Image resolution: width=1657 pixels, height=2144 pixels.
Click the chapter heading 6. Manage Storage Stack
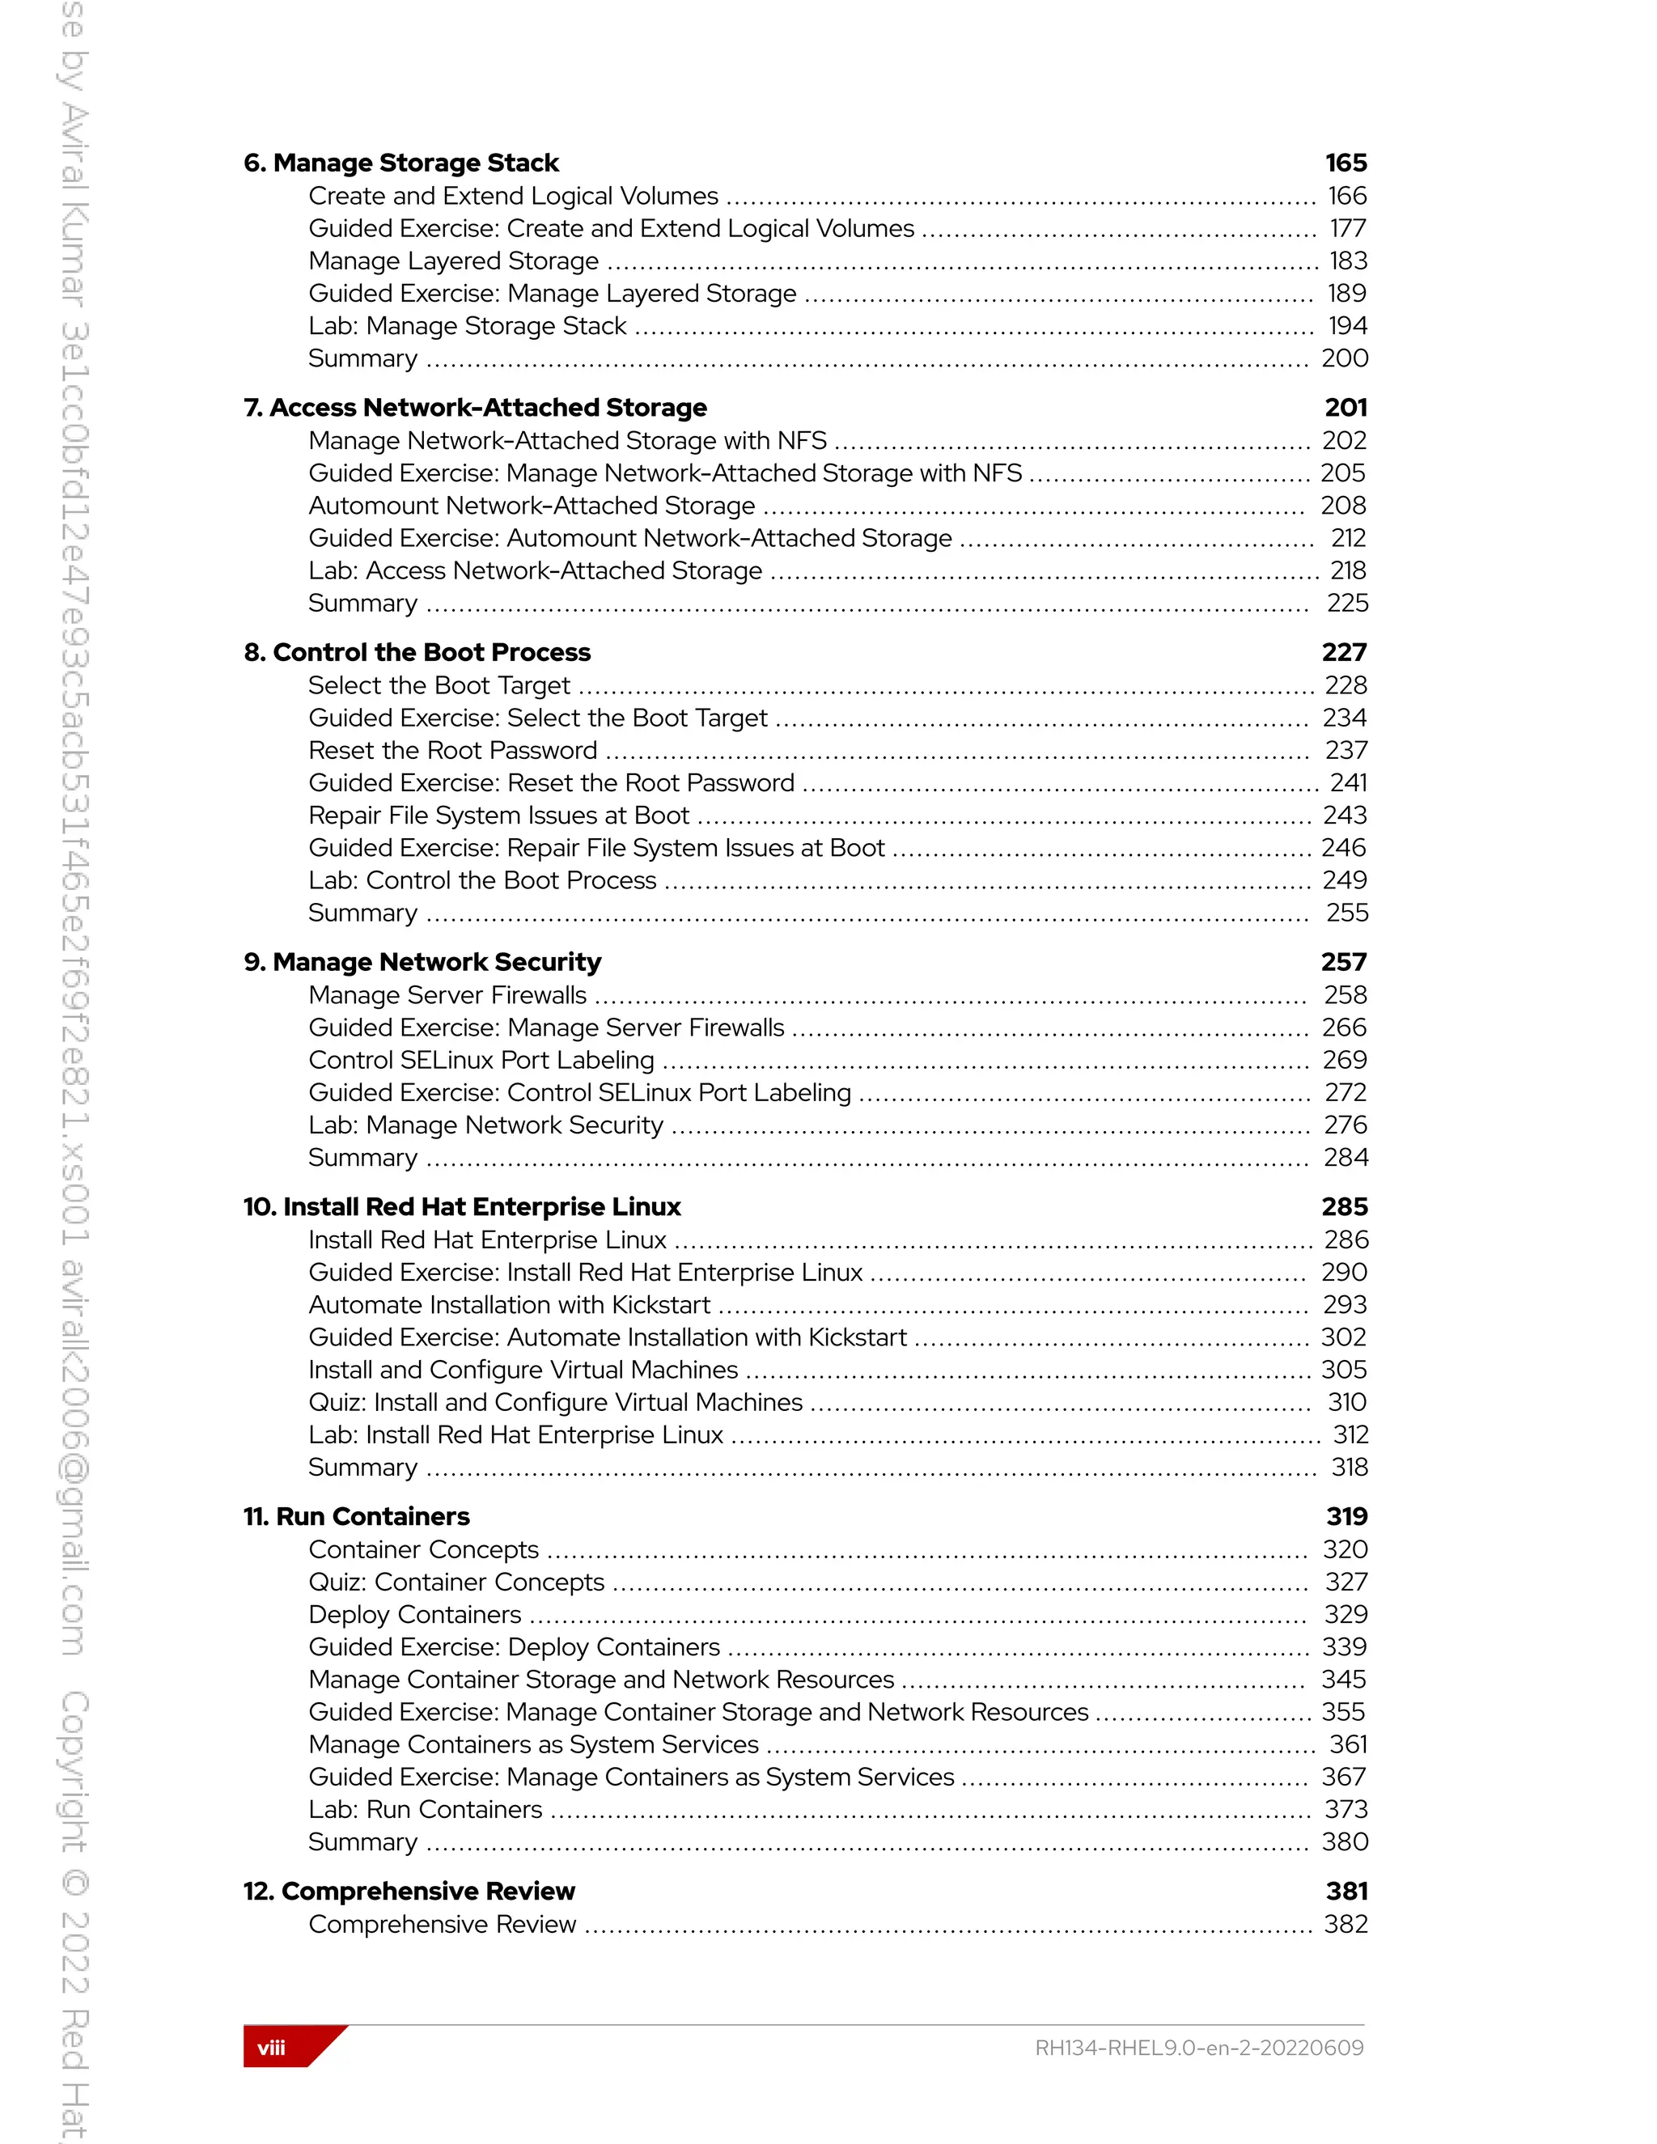[400, 163]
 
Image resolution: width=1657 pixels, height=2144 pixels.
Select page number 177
[1347, 229]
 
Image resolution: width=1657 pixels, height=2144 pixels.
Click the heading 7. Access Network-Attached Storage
[475, 408]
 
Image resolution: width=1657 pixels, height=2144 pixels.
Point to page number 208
[1343, 506]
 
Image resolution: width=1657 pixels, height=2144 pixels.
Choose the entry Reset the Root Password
[451, 751]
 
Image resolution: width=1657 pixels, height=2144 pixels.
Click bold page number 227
[1343, 653]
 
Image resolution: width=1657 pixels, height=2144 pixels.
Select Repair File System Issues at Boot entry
[498, 816]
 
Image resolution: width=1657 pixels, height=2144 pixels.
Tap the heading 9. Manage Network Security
[422, 962]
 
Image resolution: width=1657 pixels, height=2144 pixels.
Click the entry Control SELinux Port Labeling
[481, 1060]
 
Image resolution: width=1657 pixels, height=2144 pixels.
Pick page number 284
[1345, 1159]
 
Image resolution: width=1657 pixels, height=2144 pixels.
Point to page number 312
[1350, 1435]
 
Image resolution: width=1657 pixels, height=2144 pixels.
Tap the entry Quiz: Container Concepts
[456, 1583]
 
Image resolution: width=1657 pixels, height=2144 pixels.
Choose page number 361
[1348, 1744]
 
